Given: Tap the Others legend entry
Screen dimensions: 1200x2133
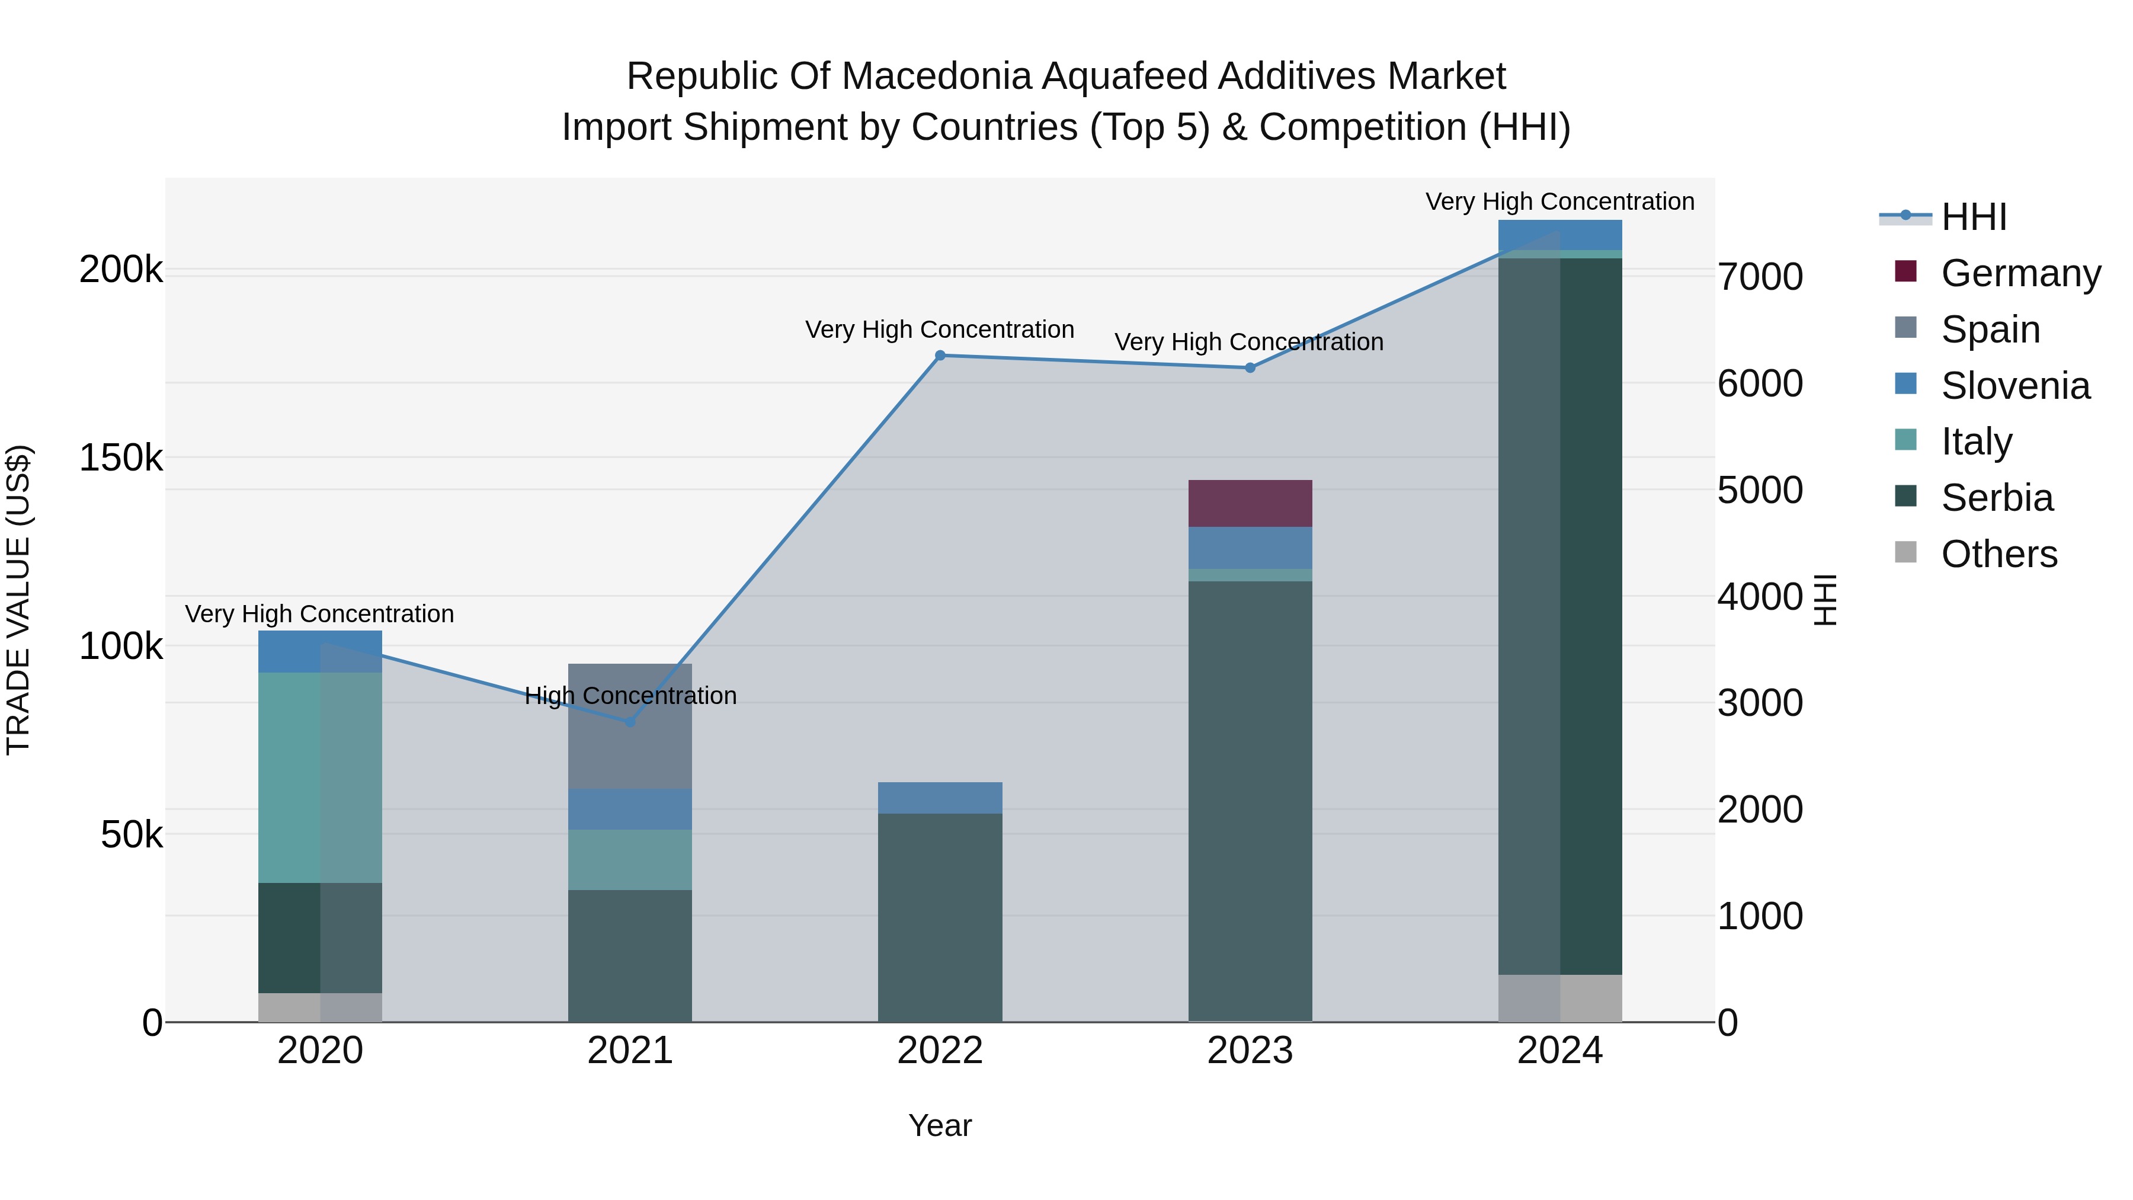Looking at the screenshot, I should point(1998,554).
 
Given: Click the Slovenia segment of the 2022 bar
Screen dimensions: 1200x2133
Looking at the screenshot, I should point(940,798).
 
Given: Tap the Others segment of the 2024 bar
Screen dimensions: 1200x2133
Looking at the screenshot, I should point(1559,998).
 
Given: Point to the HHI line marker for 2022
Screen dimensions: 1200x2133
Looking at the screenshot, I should point(940,356).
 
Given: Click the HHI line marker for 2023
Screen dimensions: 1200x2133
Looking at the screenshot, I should point(1250,367).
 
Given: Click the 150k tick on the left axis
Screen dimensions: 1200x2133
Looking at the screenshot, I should point(121,458).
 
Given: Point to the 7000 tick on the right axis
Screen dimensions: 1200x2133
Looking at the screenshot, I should point(1760,277).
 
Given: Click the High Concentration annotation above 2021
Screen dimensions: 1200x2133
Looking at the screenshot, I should point(630,696).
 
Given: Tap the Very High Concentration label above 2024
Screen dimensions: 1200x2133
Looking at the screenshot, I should point(1559,202).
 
